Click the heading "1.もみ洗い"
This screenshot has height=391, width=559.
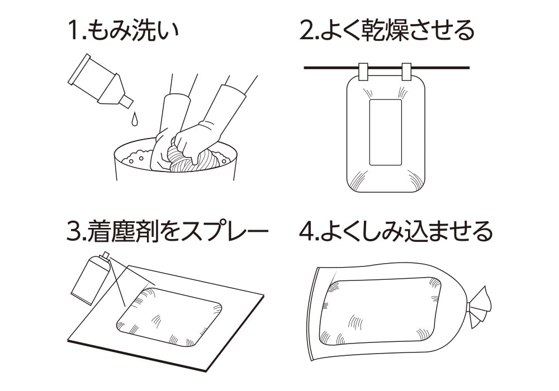click(123, 31)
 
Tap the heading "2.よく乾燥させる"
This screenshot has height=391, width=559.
click(387, 31)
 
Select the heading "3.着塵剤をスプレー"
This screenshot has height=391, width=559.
click(167, 231)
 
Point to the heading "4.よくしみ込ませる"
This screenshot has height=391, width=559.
click(396, 231)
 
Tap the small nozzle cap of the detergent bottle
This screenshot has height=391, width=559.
click(126, 101)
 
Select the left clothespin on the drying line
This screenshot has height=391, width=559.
click(363, 71)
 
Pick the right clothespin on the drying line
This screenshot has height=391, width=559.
click(406, 71)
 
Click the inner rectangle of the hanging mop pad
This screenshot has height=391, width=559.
click(385, 132)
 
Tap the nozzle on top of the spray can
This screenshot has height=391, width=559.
click(106, 256)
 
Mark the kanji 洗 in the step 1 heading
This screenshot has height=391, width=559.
click(143, 31)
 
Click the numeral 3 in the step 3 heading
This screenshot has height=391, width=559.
click(74, 232)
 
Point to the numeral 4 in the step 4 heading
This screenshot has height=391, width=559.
click(306, 232)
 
